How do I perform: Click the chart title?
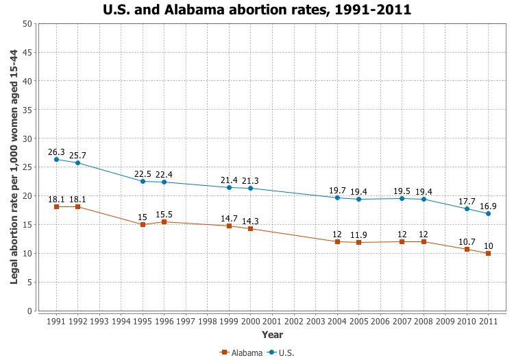click(x=257, y=10)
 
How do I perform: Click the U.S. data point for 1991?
click(x=56, y=160)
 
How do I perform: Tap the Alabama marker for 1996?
click(x=164, y=221)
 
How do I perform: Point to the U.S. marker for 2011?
click(x=488, y=213)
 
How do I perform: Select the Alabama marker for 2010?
click(x=467, y=249)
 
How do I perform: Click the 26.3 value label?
click(x=56, y=152)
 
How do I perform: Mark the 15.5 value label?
click(x=164, y=214)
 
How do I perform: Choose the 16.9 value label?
click(x=488, y=205)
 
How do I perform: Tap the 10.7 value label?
click(x=467, y=241)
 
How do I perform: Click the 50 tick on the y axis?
click(x=27, y=24)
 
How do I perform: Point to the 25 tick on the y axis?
click(x=27, y=167)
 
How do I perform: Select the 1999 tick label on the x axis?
click(x=229, y=321)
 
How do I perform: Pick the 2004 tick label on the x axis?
click(x=337, y=321)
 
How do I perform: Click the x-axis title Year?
click(x=272, y=335)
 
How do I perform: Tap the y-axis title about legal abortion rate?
click(x=14, y=167)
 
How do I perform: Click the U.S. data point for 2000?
click(x=251, y=189)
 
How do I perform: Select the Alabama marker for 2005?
click(x=358, y=242)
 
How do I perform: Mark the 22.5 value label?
click(x=143, y=173)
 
